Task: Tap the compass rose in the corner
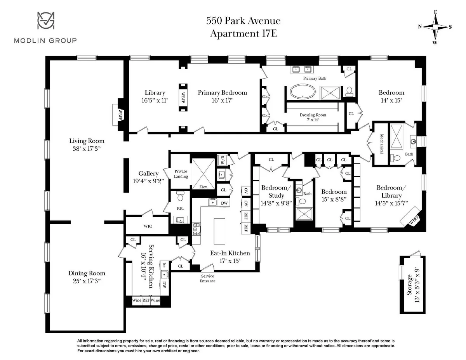(436, 27)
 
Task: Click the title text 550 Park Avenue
(243, 21)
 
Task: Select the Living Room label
(87, 141)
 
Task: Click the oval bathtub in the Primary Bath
(303, 92)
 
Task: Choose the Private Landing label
(181, 174)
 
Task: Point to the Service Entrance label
(207, 278)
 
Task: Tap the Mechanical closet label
(382, 143)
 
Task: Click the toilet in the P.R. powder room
(180, 197)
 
